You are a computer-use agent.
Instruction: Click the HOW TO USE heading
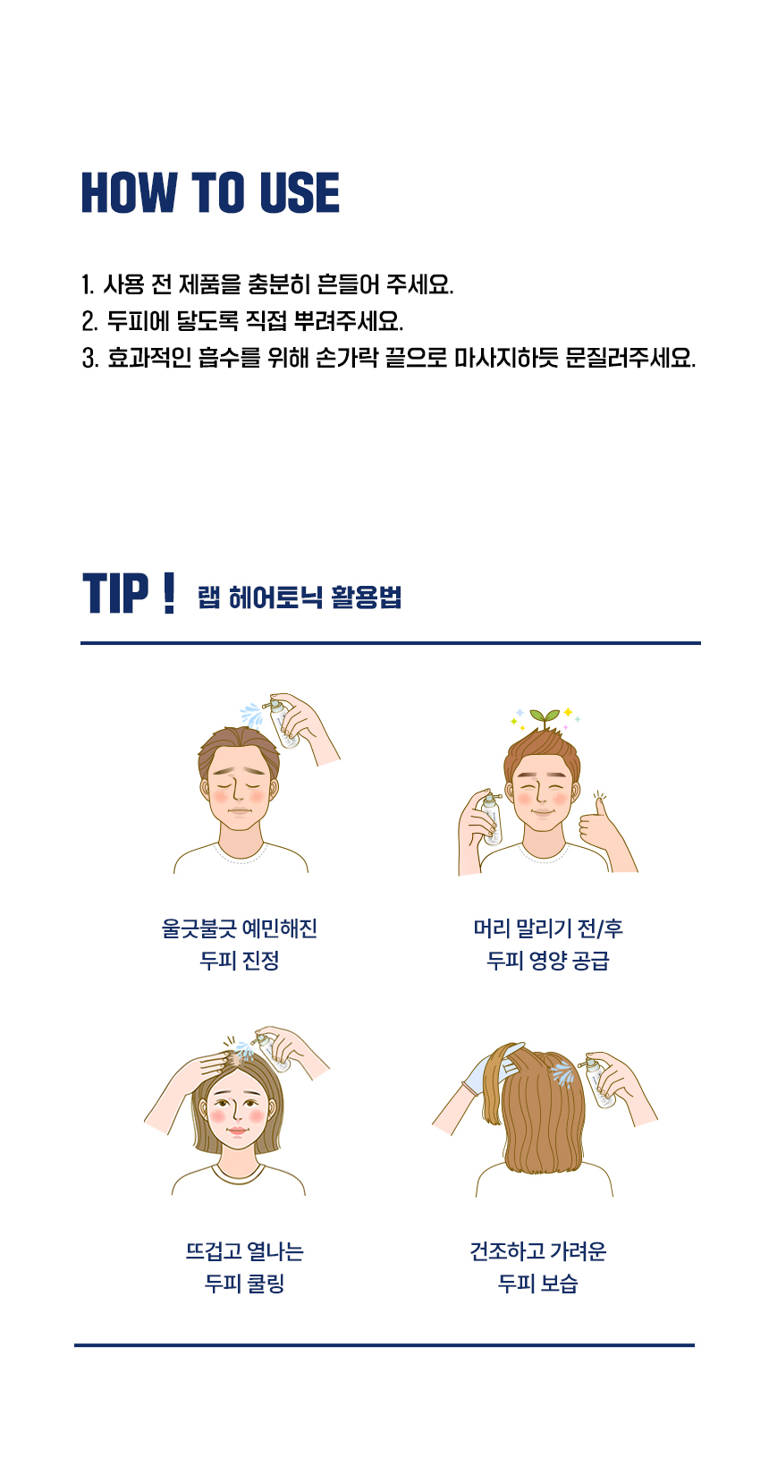tap(210, 192)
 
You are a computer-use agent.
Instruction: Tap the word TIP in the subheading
tap(116, 594)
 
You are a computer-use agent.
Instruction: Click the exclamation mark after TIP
tap(169, 594)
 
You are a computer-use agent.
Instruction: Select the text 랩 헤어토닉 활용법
tap(300, 597)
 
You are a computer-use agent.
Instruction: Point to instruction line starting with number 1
tap(267, 284)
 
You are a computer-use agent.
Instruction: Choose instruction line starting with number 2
tap(242, 321)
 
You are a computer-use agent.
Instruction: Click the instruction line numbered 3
tap(388, 358)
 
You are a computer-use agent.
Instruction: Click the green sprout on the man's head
tap(545, 717)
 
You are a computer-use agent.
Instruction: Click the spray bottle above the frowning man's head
tap(283, 724)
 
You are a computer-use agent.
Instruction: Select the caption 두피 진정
tap(240, 961)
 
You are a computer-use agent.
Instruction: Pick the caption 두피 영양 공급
tap(548, 961)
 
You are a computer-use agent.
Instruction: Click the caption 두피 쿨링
tap(244, 1284)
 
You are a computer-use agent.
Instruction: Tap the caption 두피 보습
tap(538, 1284)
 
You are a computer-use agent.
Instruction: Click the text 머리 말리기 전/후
tap(548, 928)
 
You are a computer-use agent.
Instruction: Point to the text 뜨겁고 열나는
tap(244, 1251)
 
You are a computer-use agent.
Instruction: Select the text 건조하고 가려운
tap(538, 1251)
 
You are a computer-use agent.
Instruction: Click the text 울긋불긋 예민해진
tap(240, 928)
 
